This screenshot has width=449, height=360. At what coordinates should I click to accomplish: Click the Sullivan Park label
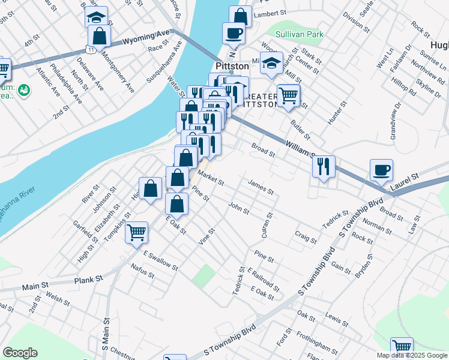[x=303, y=34]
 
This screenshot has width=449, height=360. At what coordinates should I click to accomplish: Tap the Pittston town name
[x=232, y=65]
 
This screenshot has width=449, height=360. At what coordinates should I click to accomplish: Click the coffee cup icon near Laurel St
[x=381, y=169]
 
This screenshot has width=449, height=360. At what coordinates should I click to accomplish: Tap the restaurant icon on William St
[x=324, y=166]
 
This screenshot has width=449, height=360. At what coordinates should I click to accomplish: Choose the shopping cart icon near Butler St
[x=288, y=95]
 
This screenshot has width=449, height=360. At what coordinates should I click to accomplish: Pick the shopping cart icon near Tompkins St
[x=136, y=230]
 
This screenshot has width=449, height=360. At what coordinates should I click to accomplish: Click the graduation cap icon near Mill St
[x=272, y=62]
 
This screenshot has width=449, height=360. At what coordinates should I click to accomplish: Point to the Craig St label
[x=306, y=236]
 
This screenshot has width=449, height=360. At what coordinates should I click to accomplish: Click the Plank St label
[x=89, y=280]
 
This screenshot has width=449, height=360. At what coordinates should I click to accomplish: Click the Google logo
[x=20, y=352]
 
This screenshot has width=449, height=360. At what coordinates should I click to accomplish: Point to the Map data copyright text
[x=412, y=355]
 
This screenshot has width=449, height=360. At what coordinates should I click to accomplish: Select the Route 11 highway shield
[x=89, y=46]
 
